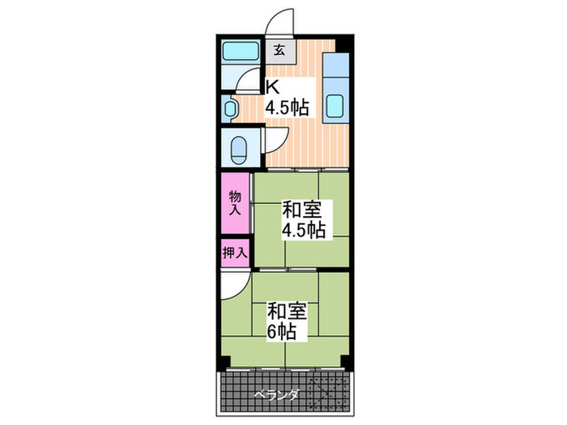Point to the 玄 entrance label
(279, 50)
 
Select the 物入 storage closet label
(235, 202)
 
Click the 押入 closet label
(234, 253)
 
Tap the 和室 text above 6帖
(288, 310)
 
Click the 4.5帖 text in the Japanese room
(303, 231)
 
